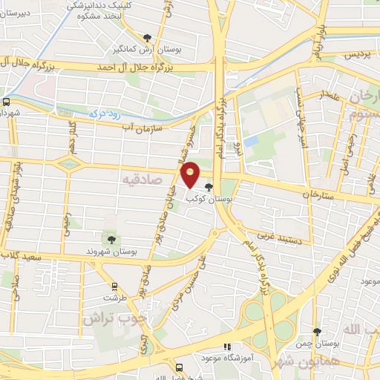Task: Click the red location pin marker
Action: pyautogui.click(x=191, y=175)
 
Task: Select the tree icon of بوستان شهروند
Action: pyautogui.click(x=111, y=238)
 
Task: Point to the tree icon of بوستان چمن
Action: pyautogui.click(x=317, y=332)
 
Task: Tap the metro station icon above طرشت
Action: pyautogui.click(x=114, y=285)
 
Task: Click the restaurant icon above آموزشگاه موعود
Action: pyautogui.click(x=228, y=347)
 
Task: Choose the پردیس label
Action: pyautogui.click(x=356, y=55)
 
